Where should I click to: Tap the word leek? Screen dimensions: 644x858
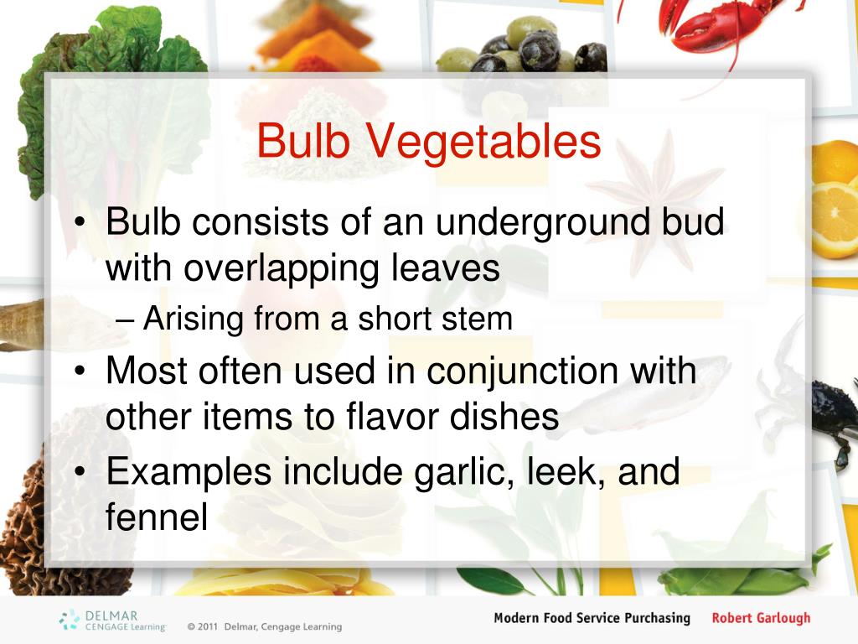point(568,471)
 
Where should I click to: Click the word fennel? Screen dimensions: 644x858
point(156,517)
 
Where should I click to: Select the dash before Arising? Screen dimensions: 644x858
point(126,319)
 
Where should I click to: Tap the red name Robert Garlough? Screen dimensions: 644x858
point(761,618)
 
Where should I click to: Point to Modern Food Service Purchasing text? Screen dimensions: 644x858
point(592,618)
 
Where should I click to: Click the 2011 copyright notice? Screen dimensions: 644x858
point(264,626)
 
